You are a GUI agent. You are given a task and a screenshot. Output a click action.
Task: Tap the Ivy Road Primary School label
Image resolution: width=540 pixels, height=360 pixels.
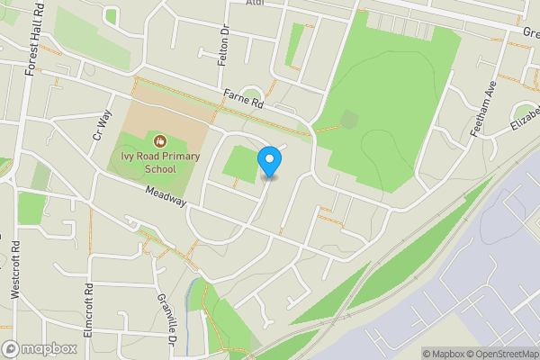pos(160,160)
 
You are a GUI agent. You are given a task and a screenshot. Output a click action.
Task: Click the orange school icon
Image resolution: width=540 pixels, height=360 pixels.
pos(160,140)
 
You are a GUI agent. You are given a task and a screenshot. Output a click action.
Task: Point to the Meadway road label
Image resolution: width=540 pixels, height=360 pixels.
pos(165,195)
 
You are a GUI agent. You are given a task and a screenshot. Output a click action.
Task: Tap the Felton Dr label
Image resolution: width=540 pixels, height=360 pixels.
pos(224,45)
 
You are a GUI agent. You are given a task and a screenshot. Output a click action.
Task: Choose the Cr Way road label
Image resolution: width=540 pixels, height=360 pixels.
pos(101,124)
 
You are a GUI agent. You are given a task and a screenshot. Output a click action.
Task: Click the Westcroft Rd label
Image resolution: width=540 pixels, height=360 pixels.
pos(15,270)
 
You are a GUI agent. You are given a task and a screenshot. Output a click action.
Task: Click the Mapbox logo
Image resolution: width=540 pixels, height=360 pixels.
pos(39,348)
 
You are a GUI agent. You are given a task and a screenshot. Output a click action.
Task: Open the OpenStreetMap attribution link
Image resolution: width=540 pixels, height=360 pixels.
pos(500,354)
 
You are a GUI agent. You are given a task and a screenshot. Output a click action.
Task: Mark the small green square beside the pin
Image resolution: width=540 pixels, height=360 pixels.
pos(240,163)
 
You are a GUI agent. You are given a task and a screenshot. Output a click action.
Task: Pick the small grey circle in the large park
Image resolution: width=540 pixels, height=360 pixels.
pos(349,119)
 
